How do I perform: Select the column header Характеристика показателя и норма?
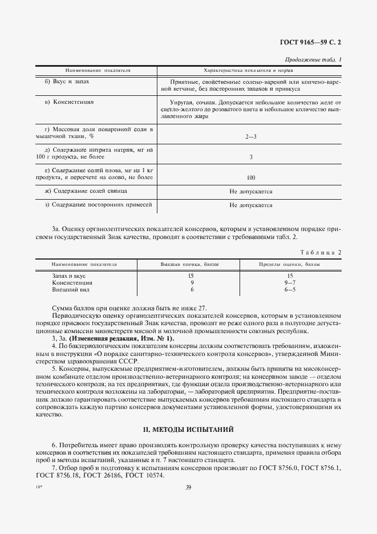click(x=249, y=71)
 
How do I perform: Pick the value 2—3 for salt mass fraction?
click(x=251, y=136)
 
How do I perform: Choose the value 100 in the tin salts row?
click(x=251, y=177)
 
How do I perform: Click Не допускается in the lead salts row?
click(x=251, y=191)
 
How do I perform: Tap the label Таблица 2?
click(x=321, y=252)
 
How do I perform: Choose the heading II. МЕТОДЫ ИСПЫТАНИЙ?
click(x=188, y=428)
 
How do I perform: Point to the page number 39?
click(x=188, y=487)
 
